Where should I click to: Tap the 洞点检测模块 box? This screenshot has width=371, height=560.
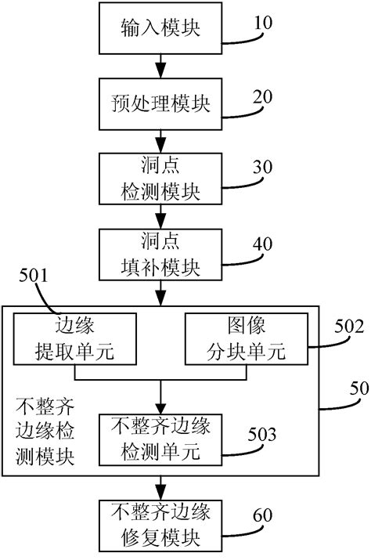click(160, 178)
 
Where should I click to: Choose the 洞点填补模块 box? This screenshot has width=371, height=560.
click(160, 255)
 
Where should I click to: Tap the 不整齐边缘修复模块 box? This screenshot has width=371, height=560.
click(160, 526)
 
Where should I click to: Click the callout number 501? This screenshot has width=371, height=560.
click(33, 275)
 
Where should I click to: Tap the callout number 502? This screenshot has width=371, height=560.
click(348, 329)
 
